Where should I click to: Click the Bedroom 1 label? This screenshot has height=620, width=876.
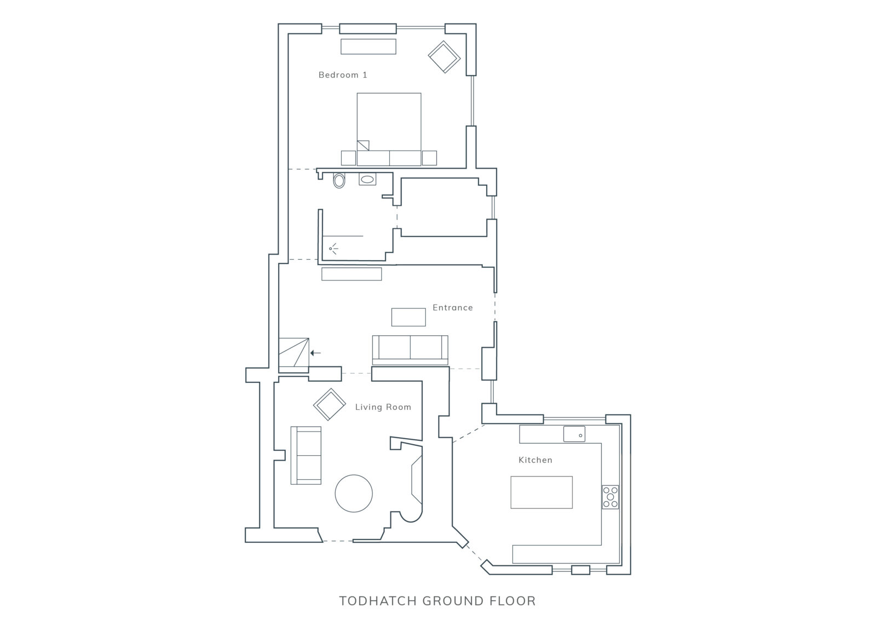(x=343, y=74)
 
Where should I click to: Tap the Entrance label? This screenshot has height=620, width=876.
(x=452, y=307)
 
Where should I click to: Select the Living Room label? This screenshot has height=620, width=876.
(x=383, y=407)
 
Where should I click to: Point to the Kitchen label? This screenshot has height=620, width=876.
(x=535, y=460)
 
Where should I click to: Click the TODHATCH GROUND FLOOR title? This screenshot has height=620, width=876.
(x=437, y=601)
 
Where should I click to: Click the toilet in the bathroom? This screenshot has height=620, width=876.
(x=339, y=180)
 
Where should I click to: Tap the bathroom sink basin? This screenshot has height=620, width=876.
(x=367, y=179)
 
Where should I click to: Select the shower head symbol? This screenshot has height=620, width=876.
(x=333, y=249)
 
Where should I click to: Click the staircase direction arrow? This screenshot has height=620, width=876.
(x=315, y=353)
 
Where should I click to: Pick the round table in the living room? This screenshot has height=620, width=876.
(x=354, y=493)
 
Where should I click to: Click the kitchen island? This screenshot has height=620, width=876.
(x=541, y=492)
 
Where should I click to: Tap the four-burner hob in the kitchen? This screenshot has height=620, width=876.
(x=610, y=497)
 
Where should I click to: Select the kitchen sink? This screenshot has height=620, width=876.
(x=574, y=434)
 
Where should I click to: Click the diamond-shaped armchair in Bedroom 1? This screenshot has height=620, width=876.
(x=444, y=57)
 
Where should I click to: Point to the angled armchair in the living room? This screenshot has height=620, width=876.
(x=329, y=404)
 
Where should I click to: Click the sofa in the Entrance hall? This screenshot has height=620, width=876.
(x=410, y=349)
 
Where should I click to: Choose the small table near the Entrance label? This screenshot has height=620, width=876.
(x=408, y=317)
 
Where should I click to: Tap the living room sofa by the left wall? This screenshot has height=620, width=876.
(x=306, y=455)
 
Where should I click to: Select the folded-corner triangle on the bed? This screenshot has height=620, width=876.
(x=363, y=146)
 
